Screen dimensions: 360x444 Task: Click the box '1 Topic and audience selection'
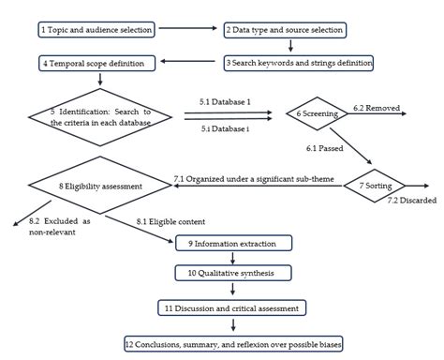click(97, 30)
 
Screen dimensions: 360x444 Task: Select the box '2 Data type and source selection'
click(285, 30)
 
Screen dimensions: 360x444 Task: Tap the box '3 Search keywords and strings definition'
click(299, 63)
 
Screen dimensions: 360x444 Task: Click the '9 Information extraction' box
click(234, 243)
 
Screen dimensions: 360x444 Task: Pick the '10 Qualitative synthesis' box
click(234, 273)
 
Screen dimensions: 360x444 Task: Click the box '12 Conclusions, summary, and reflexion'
click(234, 343)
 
